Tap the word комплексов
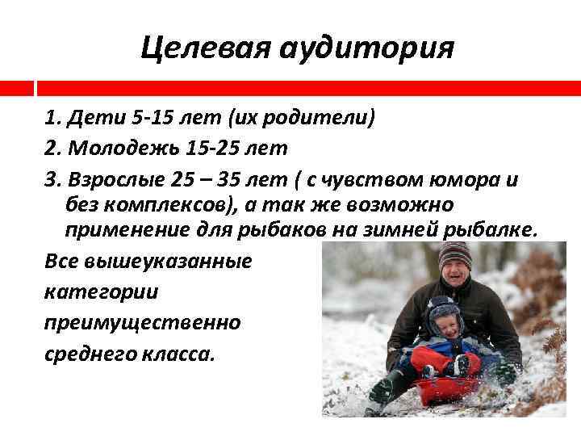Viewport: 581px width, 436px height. [170, 204]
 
